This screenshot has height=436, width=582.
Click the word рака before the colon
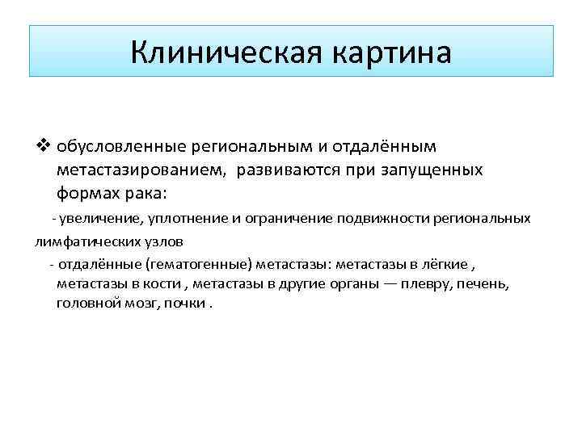point(143,194)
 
